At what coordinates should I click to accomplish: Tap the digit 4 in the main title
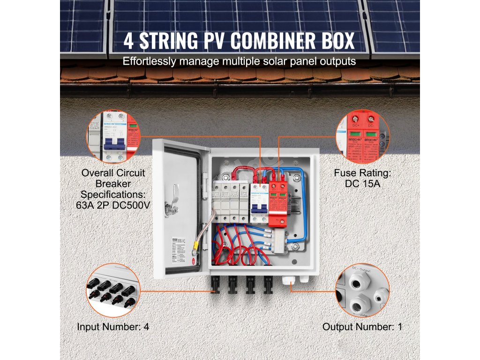128,41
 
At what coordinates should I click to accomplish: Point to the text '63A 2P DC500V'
113,204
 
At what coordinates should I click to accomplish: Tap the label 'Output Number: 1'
362,327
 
